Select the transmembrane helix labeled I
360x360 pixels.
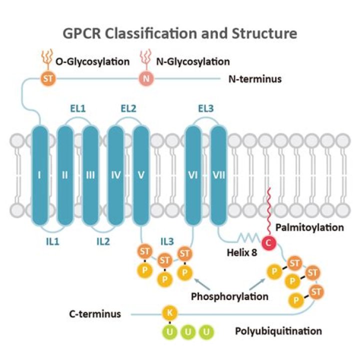[40, 175]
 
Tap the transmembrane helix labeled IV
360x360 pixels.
[116, 175]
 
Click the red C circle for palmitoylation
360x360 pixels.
[268, 243]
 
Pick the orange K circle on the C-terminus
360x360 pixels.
[169, 313]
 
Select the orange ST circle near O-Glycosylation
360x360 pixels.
[48, 78]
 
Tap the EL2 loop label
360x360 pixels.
[128, 107]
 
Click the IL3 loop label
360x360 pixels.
[167, 241]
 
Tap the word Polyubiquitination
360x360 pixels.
[278, 331]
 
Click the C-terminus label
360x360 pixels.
[95, 314]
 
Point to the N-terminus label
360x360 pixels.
[255, 78]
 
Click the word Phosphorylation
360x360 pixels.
[229, 296]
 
